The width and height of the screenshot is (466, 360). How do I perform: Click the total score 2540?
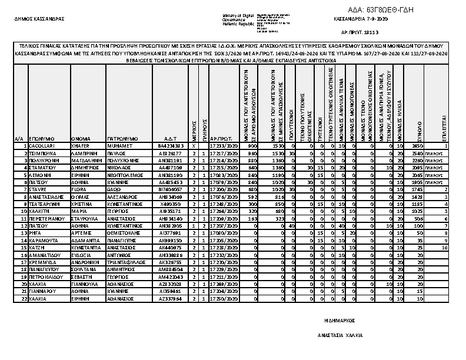[418, 152]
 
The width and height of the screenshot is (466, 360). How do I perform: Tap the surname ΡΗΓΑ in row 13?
[35, 233]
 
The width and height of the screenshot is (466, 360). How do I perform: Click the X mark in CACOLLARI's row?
[194, 145]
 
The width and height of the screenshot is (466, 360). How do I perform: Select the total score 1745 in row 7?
[418, 189]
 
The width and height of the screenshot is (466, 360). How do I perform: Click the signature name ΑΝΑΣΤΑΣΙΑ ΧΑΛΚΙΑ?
[340, 335]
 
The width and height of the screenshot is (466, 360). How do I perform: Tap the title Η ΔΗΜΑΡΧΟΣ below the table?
[340, 322]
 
